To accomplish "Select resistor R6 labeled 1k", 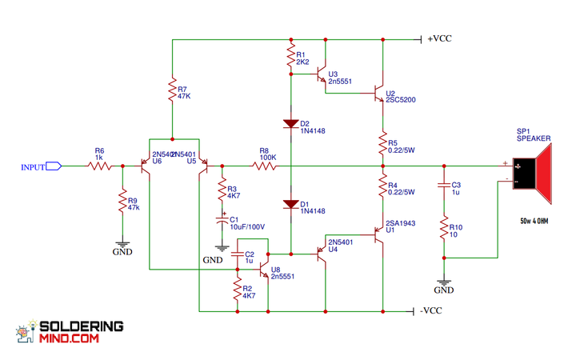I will [x=99, y=166].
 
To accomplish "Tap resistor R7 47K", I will [x=172, y=90].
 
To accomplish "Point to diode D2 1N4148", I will [x=290, y=124].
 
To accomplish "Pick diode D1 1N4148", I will [x=290, y=204].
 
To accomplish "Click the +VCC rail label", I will [x=439, y=38].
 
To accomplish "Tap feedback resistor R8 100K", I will [x=264, y=166].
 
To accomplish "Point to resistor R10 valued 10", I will [x=442, y=230].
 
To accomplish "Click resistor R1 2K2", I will [x=290, y=56].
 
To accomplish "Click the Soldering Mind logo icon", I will [x=25, y=333].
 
